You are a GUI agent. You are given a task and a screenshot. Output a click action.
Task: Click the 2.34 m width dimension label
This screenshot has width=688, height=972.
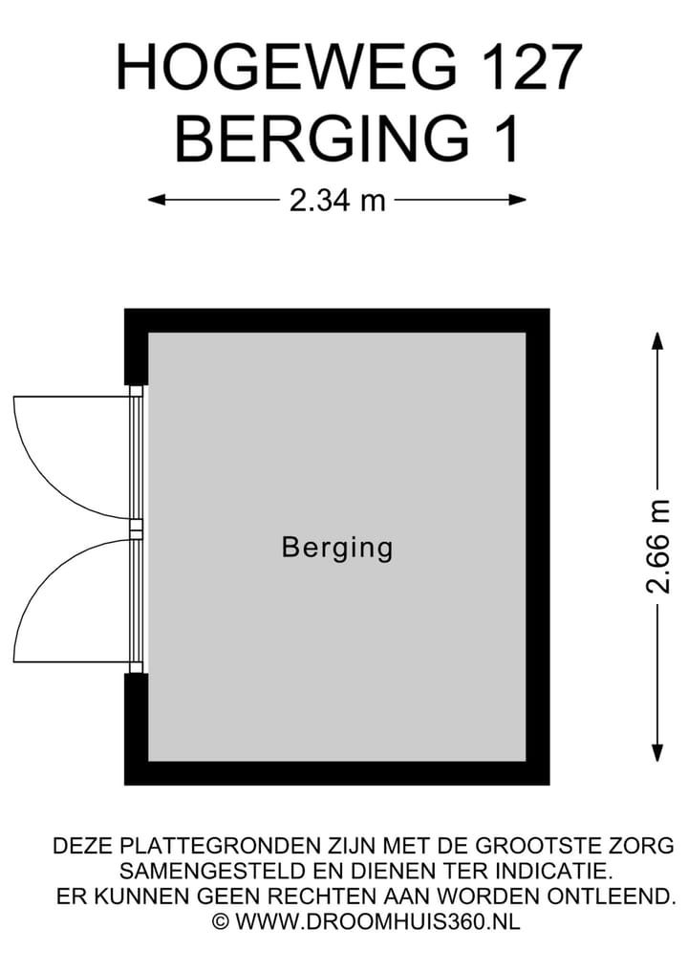pos(336,200)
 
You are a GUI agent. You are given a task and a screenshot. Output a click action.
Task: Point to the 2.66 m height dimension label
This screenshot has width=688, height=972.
pos(658,547)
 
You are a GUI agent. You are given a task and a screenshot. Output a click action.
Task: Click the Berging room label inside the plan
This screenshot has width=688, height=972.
pos(337,548)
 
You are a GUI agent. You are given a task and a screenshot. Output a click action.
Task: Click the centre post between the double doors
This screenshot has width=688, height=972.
pos(136,527)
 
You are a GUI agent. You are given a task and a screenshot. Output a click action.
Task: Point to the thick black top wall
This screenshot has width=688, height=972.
pos(336,320)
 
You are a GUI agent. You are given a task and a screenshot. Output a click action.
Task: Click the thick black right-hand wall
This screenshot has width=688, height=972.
pos(537,547)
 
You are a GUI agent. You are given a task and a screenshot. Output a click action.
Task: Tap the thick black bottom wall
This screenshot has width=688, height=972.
pos(336,772)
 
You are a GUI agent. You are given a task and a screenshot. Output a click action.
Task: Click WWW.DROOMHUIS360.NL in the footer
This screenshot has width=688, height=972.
pos(377,921)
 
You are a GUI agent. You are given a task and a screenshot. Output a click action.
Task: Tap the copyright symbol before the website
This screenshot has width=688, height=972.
pos(221,921)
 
